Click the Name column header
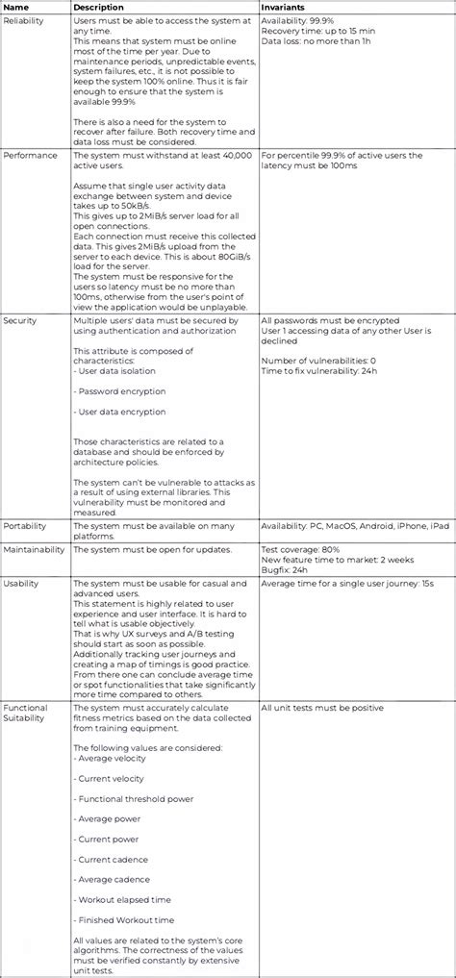click(x=16, y=7)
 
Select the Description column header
click(x=99, y=7)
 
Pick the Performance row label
click(x=29, y=155)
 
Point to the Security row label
click(x=21, y=319)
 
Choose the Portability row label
click(x=25, y=526)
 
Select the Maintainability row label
click(x=35, y=549)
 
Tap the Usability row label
click(x=22, y=583)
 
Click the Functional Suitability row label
click(x=26, y=714)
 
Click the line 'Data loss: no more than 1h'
click(x=317, y=42)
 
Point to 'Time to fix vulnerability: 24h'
click(x=325, y=370)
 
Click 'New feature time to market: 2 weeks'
click(x=338, y=560)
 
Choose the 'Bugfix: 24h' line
click(x=287, y=570)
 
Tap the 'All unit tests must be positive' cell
click(x=322, y=708)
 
